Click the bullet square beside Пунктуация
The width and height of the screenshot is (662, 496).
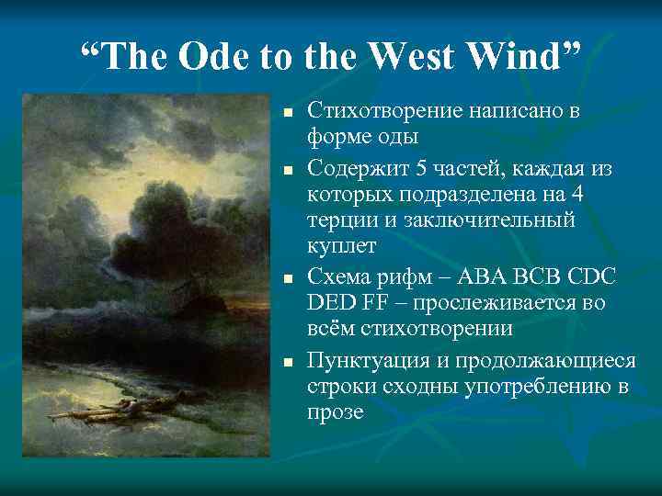point(287,362)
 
